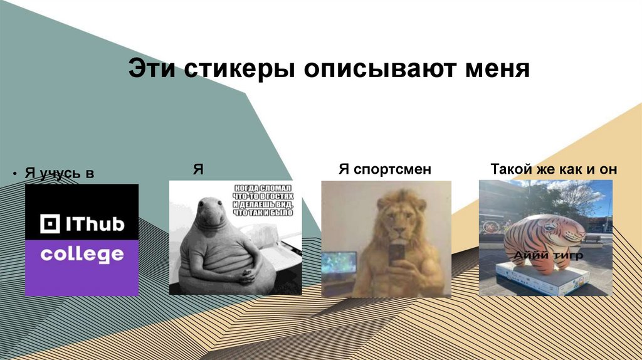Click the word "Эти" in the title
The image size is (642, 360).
[152, 68]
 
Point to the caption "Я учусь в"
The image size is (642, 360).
[59, 172]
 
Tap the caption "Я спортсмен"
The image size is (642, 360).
[385, 169]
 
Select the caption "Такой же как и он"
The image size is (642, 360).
[554, 169]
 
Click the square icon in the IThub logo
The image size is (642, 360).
[49, 225]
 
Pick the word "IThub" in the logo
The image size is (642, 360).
[94, 224]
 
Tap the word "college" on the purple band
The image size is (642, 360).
[82, 255]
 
